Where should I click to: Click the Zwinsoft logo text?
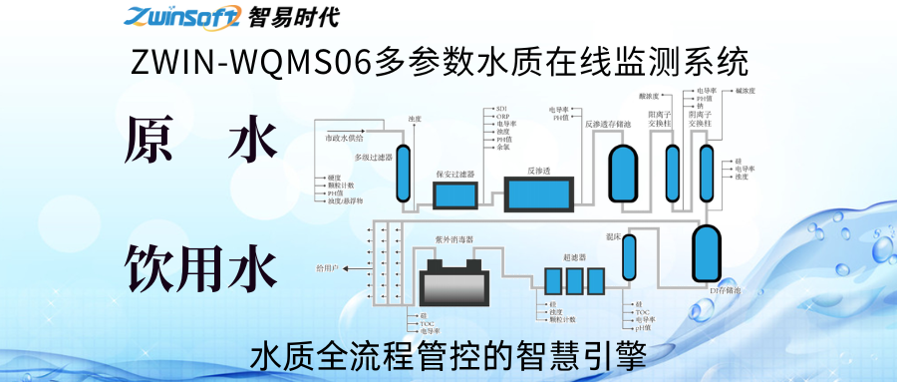(180, 16)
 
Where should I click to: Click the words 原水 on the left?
(200, 142)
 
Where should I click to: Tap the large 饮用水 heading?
(200, 267)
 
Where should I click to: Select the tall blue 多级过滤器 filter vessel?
(404, 175)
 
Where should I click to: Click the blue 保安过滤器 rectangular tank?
(454, 193)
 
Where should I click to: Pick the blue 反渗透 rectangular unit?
(538, 192)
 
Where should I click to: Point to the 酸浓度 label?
(649, 98)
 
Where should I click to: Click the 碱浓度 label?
(747, 91)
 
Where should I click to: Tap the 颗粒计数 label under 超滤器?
(561, 319)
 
